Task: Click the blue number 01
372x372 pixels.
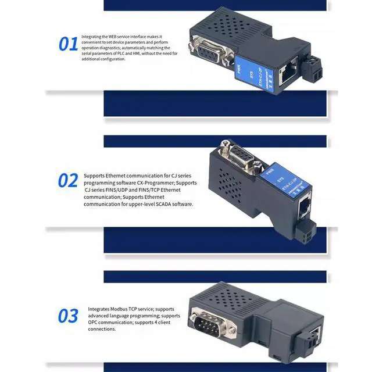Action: [68, 44]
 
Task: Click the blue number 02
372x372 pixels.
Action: [67, 181]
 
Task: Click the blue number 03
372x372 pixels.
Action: [67, 316]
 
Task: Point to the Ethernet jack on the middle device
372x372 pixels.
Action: [305, 206]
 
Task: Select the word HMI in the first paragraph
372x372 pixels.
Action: [135, 53]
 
